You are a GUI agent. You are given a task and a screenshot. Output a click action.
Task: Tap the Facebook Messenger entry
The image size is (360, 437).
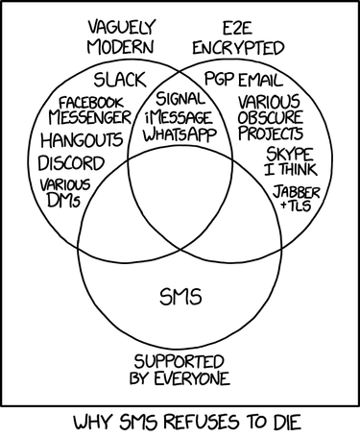coord(93,110)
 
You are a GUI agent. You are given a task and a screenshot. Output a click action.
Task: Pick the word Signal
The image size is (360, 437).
coord(180,98)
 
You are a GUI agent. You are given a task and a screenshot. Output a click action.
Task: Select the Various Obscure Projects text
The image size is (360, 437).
coord(270,116)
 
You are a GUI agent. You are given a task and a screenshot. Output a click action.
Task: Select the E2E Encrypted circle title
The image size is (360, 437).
coord(238,36)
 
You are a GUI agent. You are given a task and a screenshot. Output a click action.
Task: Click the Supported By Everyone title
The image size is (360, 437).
coord(180,370)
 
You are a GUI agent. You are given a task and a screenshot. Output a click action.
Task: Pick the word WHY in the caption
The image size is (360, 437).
coord(92,420)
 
